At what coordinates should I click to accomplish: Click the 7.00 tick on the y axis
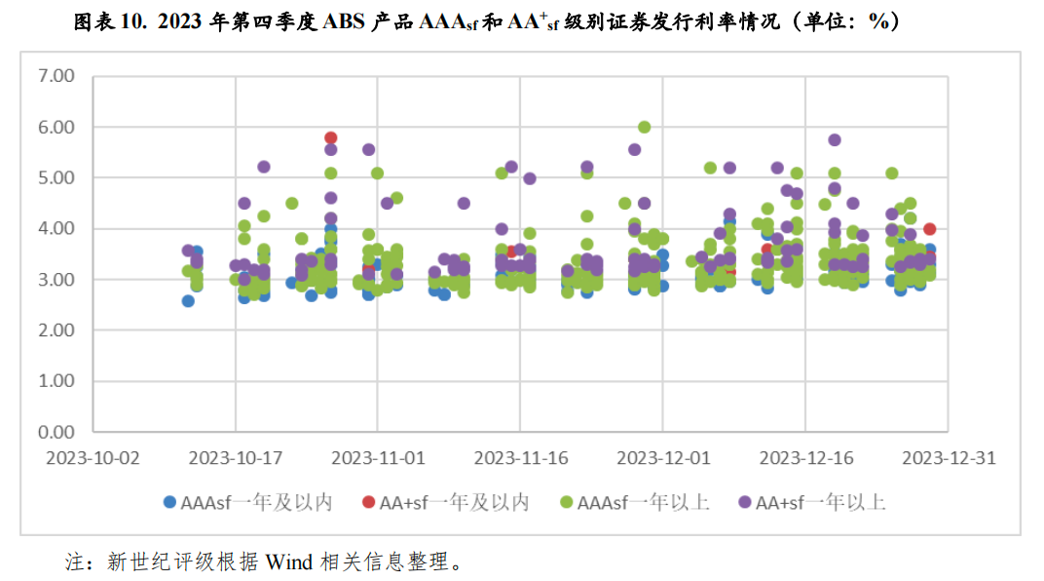click(x=55, y=76)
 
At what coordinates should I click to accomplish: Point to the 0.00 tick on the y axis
click(x=55, y=431)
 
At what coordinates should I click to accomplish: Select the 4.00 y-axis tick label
click(x=55, y=228)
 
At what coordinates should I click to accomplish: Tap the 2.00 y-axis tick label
click(x=55, y=329)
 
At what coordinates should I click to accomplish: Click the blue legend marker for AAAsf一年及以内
click(x=169, y=502)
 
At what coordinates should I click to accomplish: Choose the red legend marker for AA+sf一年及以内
click(x=367, y=502)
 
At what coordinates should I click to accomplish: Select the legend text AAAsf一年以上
click(x=643, y=502)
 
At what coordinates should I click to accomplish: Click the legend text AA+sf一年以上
click(x=820, y=502)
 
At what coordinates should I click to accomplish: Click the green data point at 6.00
click(x=644, y=127)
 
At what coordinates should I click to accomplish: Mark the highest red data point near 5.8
click(x=331, y=137)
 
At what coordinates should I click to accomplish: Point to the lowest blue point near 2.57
click(x=188, y=301)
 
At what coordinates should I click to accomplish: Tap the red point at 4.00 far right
click(x=929, y=228)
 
